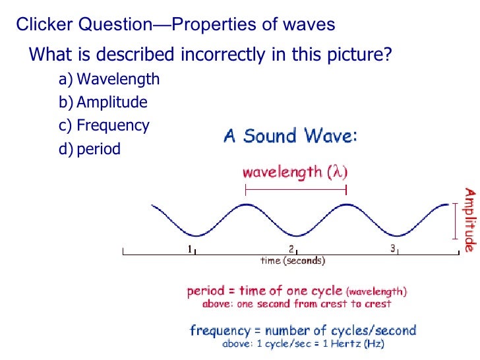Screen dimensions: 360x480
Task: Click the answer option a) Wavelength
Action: click(x=109, y=80)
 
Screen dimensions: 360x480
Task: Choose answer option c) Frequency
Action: click(x=104, y=125)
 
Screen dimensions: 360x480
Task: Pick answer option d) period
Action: click(x=90, y=149)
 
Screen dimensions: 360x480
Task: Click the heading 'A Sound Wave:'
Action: click(x=291, y=136)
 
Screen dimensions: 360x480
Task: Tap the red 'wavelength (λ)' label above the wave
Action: click(x=295, y=173)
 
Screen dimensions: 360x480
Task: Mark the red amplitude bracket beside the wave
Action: click(x=454, y=220)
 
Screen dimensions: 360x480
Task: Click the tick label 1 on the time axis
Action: click(x=190, y=249)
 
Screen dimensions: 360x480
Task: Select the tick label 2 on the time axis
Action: click(x=291, y=249)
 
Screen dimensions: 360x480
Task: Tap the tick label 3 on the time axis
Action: click(x=392, y=249)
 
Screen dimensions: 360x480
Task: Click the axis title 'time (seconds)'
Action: click(x=293, y=261)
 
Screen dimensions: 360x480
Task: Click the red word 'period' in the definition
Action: click(x=205, y=291)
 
